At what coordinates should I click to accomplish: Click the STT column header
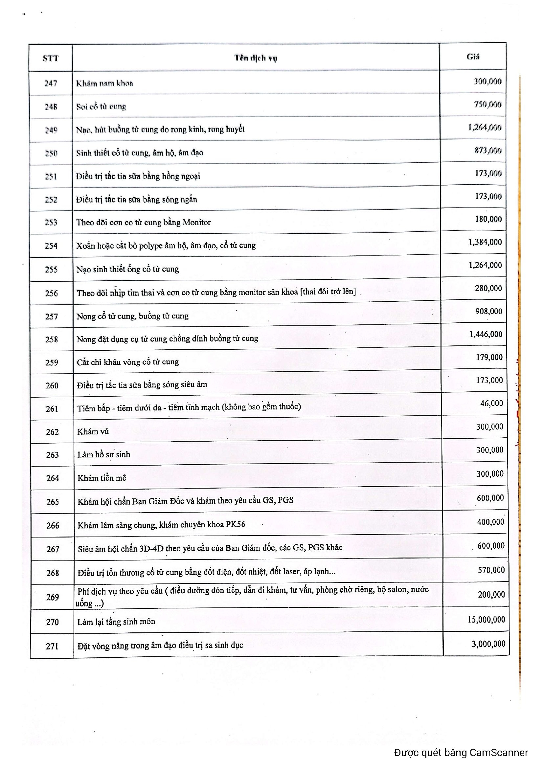coord(51,58)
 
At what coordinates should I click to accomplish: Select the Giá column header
coord(473,57)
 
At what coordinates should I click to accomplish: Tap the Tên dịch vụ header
coord(256,58)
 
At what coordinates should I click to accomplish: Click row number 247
coord(51,83)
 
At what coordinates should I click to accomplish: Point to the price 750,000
coord(487,104)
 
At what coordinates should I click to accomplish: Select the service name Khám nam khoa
coord(104,83)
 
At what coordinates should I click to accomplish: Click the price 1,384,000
coord(485,242)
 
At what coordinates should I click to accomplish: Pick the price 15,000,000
coord(486,620)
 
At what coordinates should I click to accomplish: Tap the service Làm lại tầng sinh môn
coord(116,622)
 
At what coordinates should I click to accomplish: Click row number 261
coord(52,408)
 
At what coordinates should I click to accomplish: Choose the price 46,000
coord(491,404)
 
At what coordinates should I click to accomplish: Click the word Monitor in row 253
coord(197,222)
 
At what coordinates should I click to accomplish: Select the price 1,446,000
coord(486,334)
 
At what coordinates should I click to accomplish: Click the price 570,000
coord(491,570)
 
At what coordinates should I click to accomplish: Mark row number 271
coord(52,646)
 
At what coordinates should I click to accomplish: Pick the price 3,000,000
coord(488,644)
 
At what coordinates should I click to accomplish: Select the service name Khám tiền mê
coord(102,478)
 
